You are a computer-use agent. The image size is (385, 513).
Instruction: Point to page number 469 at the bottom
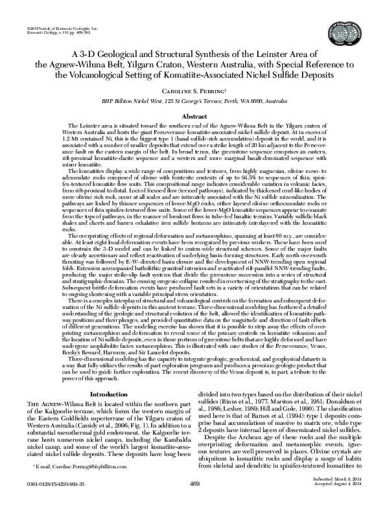point(193,501)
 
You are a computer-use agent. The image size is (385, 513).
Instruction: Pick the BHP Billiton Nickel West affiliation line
point(192,101)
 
